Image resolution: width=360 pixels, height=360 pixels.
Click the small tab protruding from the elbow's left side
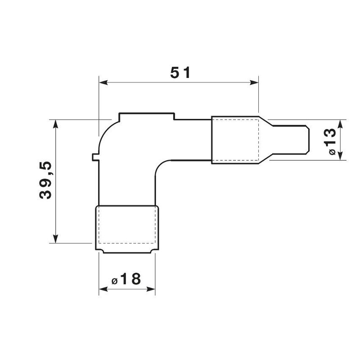coord(94,157)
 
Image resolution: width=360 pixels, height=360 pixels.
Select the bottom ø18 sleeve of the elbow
coord(126,229)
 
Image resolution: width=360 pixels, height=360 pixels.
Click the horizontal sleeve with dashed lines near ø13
coord(235,140)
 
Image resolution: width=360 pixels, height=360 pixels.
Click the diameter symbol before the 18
coord(114,281)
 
